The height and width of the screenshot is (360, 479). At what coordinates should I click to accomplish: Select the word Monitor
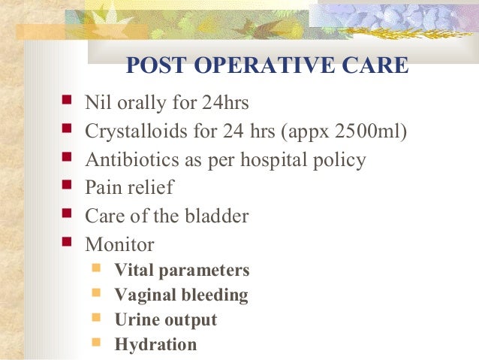pyautogui.click(x=120, y=245)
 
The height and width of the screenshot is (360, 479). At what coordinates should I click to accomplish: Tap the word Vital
pyautogui.click(x=134, y=271)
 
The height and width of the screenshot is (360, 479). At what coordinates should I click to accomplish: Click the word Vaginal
pyautogui.click(x=143, y=295)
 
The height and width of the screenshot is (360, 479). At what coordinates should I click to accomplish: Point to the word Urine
pyautogui.click(x=134, y=320)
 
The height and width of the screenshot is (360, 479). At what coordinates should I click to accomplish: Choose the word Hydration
pyautogui.click(x=155, y=345)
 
